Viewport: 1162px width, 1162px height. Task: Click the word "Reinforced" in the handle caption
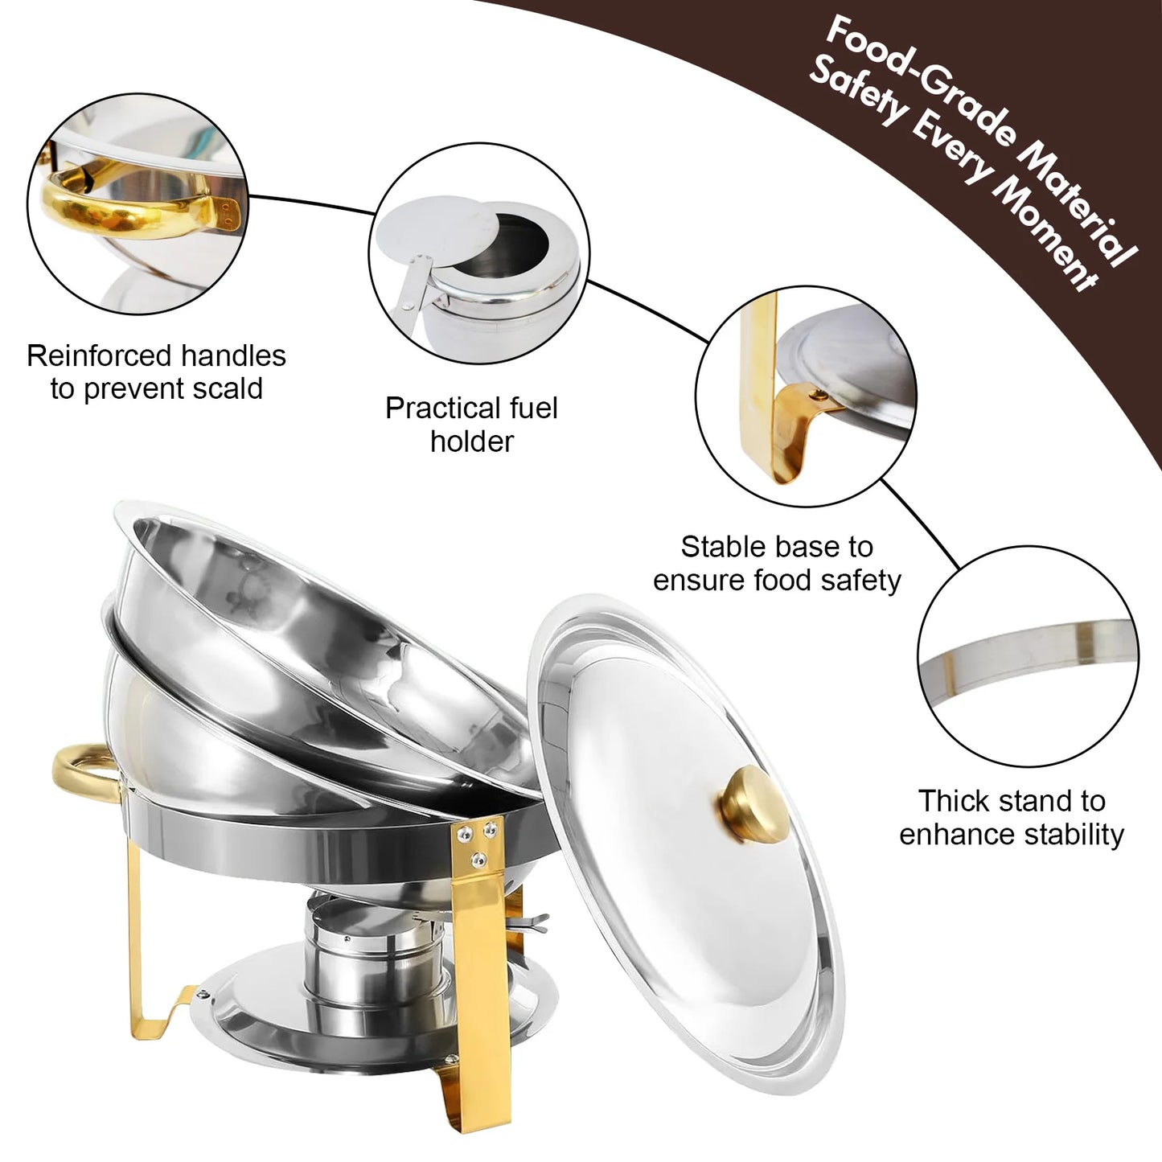point(99,355)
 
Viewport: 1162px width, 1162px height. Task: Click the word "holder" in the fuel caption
point(471,441)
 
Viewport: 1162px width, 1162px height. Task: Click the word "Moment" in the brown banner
point(1045,241)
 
